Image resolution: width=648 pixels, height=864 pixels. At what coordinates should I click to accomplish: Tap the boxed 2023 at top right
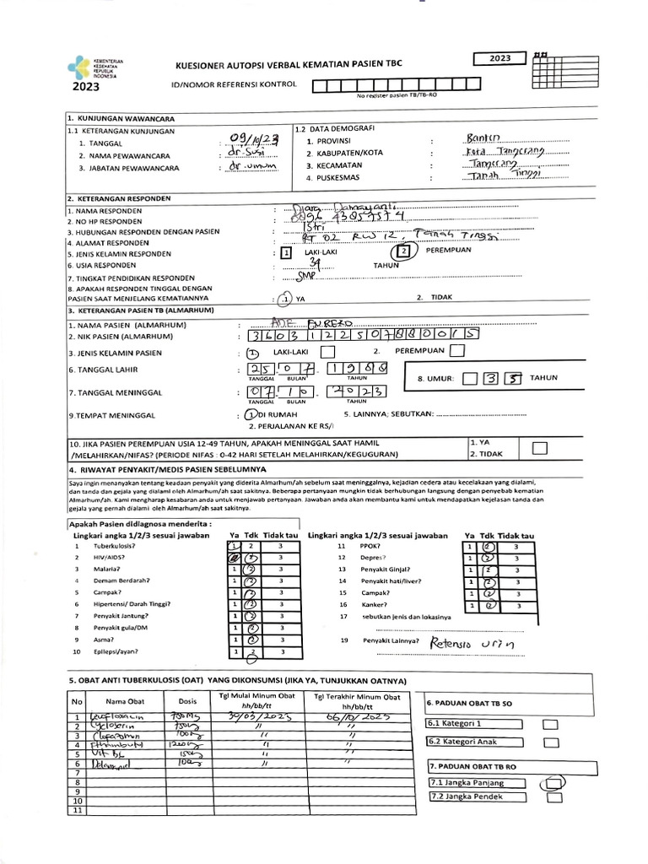499,58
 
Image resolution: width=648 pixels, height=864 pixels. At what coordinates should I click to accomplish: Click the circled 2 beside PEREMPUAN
403,250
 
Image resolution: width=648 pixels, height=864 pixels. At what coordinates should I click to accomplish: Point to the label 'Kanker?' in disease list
375,604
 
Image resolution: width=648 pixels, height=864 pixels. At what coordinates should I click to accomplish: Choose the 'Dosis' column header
187,700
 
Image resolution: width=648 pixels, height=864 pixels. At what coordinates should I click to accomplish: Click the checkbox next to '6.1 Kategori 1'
552,723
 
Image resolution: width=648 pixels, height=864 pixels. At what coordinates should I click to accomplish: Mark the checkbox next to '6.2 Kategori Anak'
552,742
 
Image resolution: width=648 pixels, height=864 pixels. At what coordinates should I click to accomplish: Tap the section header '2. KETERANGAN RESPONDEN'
119,197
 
